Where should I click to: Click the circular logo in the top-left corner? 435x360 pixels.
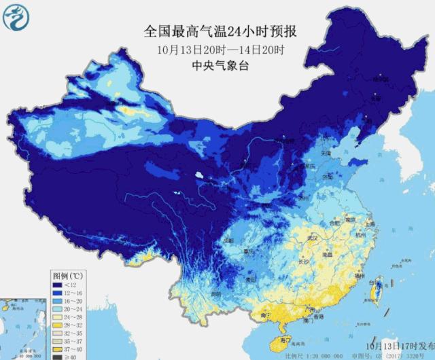[16, 17]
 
